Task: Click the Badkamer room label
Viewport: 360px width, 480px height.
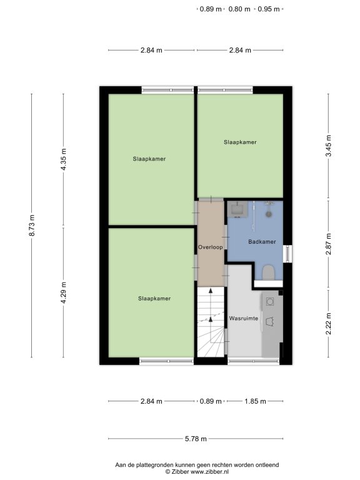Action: (x=262, y=242)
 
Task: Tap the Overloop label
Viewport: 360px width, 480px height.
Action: (x=210, y=247)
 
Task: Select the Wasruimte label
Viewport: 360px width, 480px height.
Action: (x=244, y=318)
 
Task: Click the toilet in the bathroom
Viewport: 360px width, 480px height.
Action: (x=269, y=272)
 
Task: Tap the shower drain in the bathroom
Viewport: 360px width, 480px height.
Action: (x=269, y=214)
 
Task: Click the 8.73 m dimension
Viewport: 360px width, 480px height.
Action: (x=31, y=225)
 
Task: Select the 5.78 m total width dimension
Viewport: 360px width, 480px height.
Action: (x=196, y=439)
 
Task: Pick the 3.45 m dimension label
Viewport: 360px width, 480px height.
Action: (x=328, y=146)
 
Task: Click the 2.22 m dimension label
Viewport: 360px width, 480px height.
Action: (x=328, y=324)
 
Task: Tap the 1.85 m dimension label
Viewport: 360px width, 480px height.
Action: (x=255, y=401)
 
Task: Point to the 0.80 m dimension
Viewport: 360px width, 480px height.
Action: (x=239, y=9)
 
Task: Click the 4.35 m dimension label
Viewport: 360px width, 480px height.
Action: (x=63, y=159)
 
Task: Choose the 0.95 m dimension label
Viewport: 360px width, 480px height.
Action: (x=269, y=9)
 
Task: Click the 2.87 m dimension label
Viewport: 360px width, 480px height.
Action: (x=328, y=244)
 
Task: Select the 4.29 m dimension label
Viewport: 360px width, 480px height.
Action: (x=63, y=292)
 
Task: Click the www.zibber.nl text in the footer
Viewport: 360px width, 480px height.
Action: (x=210, y=472)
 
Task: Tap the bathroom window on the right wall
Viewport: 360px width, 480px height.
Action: (x=287, y=254)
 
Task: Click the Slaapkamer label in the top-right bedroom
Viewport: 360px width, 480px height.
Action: (x=240, y=142)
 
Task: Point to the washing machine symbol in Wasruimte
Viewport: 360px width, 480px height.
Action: (x=270, y=302)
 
